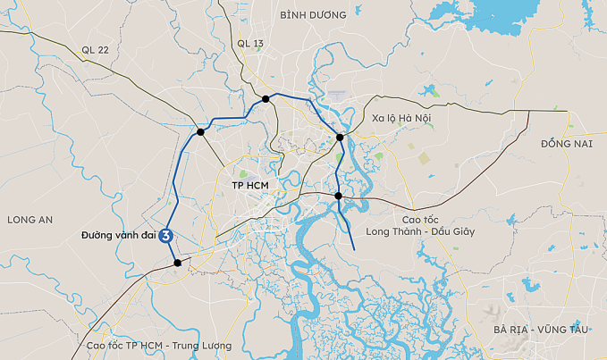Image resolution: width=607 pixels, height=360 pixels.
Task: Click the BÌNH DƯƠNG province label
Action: (313, 15)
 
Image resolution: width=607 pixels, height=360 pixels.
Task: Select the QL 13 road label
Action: (251, 43)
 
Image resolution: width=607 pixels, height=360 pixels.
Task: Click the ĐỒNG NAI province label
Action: (567, 143)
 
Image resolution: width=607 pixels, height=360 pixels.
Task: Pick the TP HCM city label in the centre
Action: (250, 186)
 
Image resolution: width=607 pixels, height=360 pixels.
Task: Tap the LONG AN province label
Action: (30, 220)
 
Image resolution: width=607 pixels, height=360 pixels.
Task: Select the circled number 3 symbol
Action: (165, 236)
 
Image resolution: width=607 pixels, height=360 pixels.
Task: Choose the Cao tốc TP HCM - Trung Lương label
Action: (158, 346)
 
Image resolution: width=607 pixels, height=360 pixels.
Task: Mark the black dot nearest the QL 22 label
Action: (201, 132)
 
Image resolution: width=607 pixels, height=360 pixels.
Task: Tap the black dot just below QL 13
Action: (266, 99)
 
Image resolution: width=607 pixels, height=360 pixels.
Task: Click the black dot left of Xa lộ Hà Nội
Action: (340, 138)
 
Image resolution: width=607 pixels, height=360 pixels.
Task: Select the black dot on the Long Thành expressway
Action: (339, 196)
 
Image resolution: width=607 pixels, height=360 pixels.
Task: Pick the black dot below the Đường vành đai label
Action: (178, 263)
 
